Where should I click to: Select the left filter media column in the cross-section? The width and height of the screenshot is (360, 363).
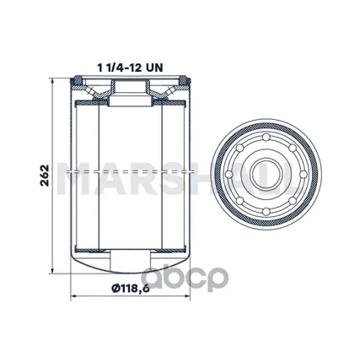pyautogui.click(x=88, y=177)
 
